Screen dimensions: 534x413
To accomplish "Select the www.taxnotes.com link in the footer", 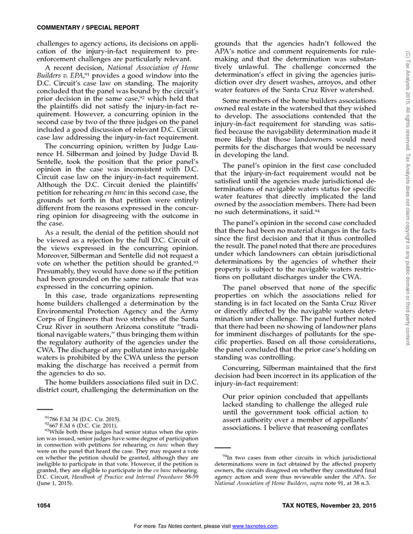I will pos(255,526).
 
